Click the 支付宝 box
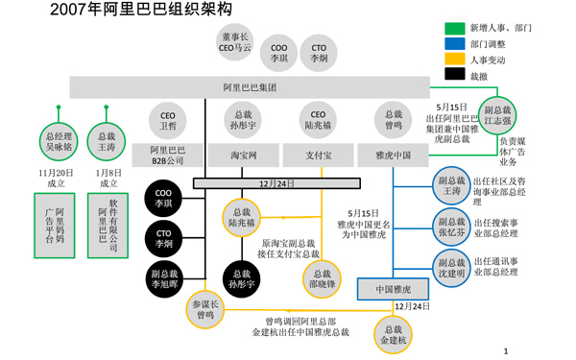319,154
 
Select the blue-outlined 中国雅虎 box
393,288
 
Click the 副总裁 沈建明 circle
450,266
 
